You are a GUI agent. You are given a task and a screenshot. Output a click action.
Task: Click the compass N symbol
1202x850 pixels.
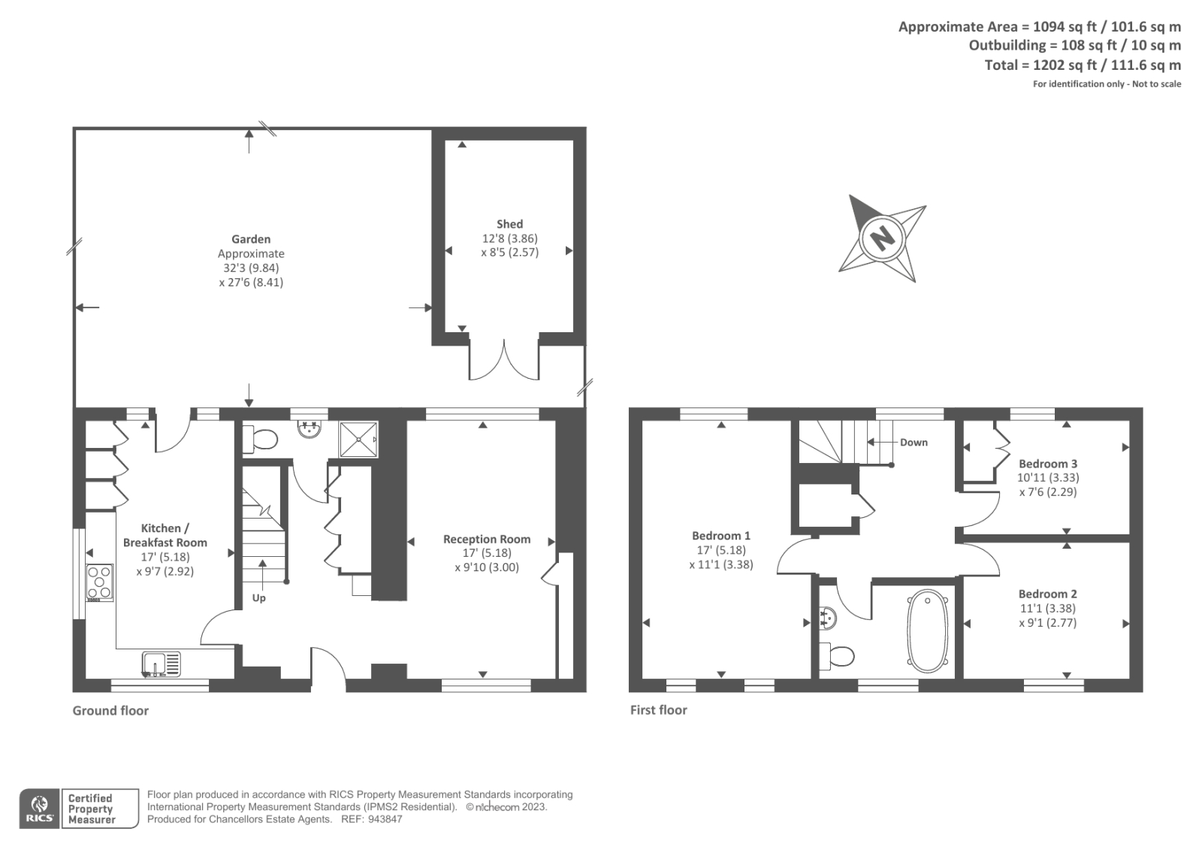tap(882, 238)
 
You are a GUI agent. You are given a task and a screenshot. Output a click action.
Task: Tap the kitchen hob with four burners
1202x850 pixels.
tap(100, 582)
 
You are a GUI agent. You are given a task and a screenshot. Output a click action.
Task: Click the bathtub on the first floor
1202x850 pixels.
tap(929, 631)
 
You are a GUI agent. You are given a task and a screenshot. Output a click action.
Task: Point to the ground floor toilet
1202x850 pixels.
tap(262, 439)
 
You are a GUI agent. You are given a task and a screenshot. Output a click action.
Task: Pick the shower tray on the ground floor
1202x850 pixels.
tap(358, 440)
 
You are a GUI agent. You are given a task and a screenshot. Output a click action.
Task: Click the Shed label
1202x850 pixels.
tap(509, 224)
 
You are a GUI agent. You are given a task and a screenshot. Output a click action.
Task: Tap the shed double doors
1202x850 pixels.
tap(504, 361)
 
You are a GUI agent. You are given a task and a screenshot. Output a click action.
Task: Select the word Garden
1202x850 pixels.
tap(251, 239)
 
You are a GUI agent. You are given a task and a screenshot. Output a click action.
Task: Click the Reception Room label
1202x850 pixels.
tap(487, 539)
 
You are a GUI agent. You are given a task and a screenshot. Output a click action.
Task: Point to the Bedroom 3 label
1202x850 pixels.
tap(1048, 464)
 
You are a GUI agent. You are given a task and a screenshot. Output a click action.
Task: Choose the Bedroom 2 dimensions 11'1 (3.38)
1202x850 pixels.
tap(1047, 608)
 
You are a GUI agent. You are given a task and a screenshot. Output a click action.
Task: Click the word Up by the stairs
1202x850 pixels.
tap(258, 598)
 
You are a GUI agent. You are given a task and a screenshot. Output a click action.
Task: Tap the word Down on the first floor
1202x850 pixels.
tap(914, 443)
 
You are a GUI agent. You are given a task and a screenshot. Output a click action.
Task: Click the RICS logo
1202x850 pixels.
tap(39, 809)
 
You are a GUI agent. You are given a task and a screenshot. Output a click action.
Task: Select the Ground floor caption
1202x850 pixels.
tap(110, 710)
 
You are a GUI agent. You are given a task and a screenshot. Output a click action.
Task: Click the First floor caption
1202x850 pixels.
tap(658, 709)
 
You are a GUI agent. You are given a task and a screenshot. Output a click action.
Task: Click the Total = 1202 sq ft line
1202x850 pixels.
tap(1083, 65)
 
